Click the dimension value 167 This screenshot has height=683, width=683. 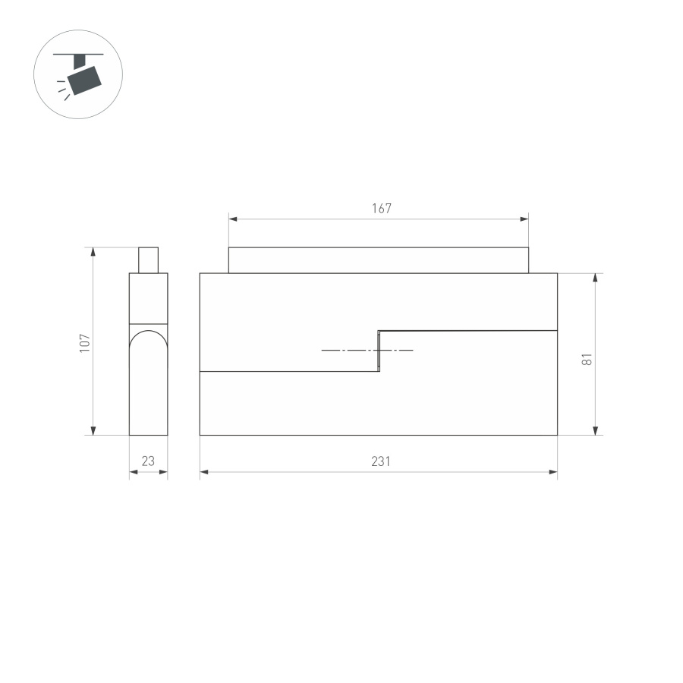tap(381, 209)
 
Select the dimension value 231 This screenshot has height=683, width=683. tap(381, 461)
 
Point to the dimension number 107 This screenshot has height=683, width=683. tap(85, 341)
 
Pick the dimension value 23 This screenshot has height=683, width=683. tap(148, 461)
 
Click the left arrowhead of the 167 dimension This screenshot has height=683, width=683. tap(233, 219)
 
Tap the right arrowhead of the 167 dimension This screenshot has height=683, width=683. tap(524, 219)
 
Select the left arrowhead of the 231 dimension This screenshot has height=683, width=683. tap(204, 472)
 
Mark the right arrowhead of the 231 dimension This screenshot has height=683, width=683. tap(553, 472)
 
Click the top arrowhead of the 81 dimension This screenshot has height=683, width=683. tap(596, 278)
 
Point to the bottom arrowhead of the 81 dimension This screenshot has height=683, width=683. tap(596, 430)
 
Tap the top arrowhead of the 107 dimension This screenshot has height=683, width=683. tap(93, 251)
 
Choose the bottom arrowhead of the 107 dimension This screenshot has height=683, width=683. tap(93, 430)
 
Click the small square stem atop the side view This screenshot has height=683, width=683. tap(148, 260)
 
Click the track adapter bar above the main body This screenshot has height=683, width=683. tap(379, 260)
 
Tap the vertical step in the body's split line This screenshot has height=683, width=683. tap(379, 351)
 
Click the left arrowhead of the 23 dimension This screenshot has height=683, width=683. tap(133, 472)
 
